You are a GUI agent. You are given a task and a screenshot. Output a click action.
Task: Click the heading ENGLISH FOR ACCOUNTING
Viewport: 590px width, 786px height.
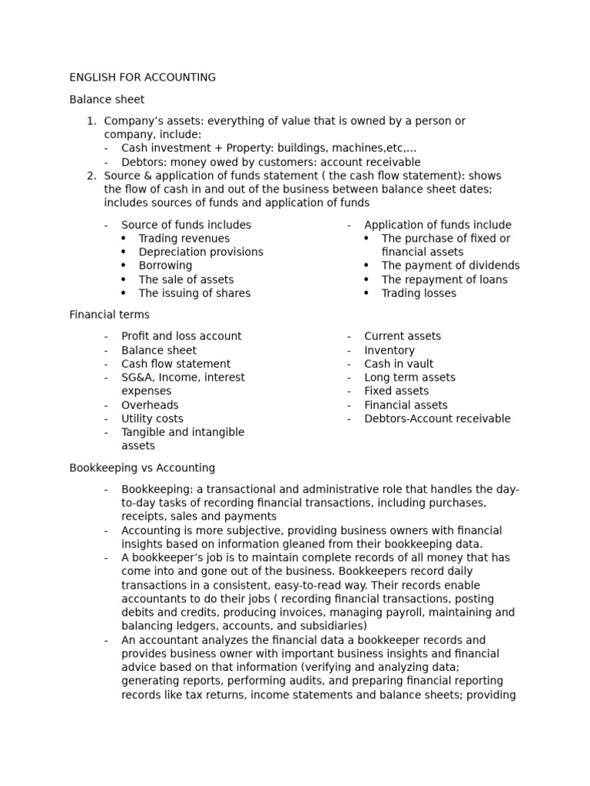[x=142, y=78]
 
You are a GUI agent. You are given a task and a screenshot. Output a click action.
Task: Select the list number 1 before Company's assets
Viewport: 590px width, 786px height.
[x=91, y=121]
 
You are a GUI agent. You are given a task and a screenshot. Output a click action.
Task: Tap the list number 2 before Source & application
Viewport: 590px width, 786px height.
[x=91, y=176]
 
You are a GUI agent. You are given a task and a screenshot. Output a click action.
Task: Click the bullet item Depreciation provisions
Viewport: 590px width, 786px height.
[x=201, y=252]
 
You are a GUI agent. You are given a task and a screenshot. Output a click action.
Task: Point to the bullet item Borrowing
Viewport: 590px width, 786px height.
[x=165, y=266]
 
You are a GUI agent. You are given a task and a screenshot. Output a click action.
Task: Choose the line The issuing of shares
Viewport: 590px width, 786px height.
[x=194, y=293]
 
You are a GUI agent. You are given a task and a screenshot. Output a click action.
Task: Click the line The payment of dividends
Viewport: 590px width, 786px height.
[x=450, y=266]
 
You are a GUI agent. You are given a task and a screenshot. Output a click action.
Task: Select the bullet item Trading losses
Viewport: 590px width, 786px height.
[x=419, y=293]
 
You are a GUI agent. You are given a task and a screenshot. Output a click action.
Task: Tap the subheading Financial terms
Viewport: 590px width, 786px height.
[x=109, y=315]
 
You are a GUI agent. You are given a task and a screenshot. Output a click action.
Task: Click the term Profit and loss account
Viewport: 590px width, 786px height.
[x=181, y=336]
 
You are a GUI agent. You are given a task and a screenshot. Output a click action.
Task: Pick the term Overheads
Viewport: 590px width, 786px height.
[x=150, y=405]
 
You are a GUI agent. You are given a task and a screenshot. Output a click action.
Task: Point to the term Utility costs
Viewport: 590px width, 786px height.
[x=152, y=419]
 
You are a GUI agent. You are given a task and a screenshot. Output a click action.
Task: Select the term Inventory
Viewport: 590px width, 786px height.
[x=389, y=350]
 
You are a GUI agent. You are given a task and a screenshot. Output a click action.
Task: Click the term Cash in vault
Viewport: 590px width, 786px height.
[x=399, y=364]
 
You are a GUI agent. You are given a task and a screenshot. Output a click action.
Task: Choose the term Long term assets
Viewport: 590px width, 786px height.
[x=409, y=378]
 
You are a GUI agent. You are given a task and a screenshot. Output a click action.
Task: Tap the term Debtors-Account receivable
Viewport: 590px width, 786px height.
[x=437, y=419]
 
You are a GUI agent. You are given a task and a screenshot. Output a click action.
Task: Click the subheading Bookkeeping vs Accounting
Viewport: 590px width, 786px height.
[x=142, y=468]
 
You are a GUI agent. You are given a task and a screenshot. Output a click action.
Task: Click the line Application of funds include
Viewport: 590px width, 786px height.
[x=437, y=225]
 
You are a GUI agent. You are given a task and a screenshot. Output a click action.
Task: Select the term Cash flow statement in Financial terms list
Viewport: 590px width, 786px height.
[x=176, y=364]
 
